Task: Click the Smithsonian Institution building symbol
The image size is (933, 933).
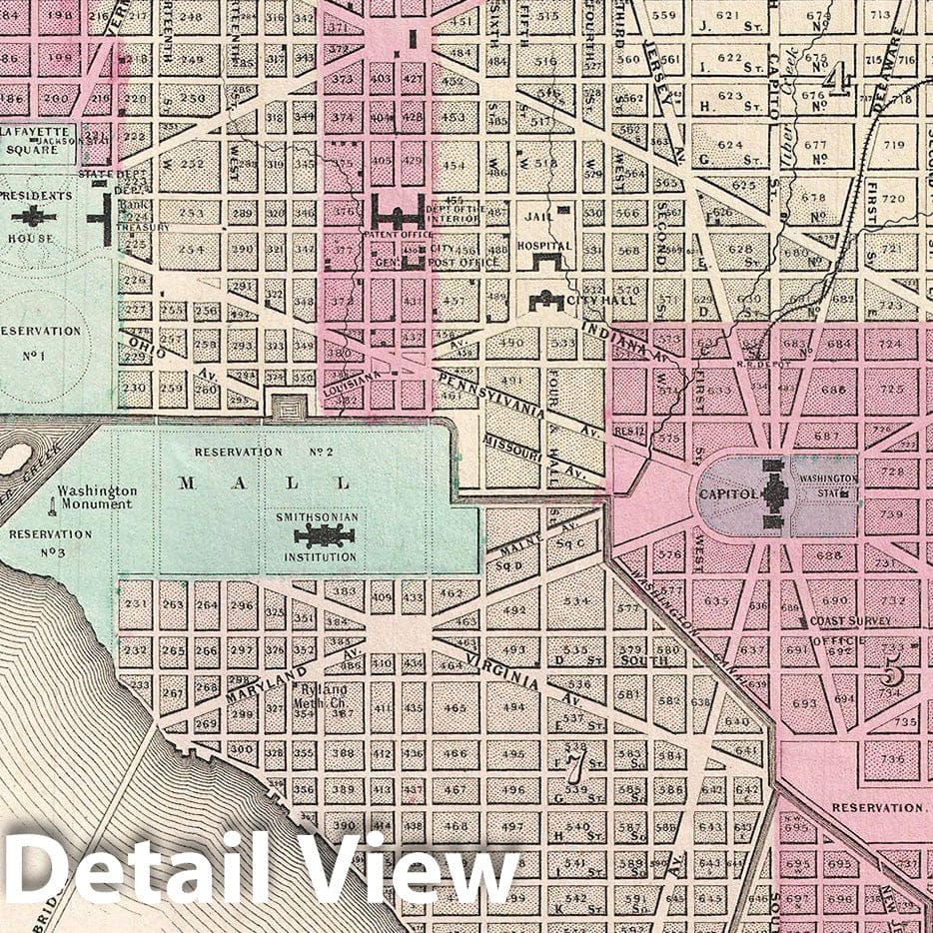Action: point(325,535)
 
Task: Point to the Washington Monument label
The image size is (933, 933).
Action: point(96,497)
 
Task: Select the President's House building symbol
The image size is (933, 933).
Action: point(33,215)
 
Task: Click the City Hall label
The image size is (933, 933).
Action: point(587,301)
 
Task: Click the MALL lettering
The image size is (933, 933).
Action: point(265,483)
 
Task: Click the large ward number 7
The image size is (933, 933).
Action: point(573,767)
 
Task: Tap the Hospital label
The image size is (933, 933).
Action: point(544,246)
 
